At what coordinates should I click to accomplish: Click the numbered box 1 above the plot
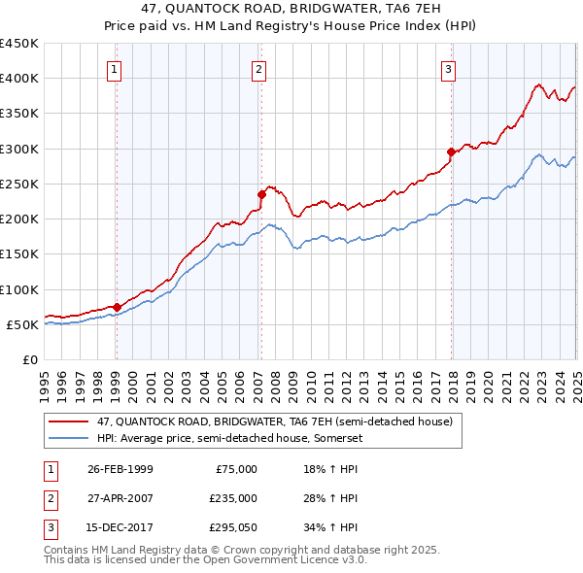115,69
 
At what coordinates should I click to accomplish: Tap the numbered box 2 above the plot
259,69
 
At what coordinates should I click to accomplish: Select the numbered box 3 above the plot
448,69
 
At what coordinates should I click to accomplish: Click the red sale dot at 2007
261,194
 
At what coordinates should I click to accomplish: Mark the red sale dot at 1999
117,307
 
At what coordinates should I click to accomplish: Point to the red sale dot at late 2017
451,152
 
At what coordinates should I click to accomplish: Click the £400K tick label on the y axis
19,79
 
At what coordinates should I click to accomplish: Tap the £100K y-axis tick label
19,289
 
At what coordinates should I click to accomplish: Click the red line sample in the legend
69,421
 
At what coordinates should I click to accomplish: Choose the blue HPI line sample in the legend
69,438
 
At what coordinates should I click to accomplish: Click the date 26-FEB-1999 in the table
120,468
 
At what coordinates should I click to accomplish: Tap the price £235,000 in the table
233,498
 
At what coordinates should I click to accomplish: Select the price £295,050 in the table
233,528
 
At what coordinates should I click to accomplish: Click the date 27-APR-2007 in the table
120,498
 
